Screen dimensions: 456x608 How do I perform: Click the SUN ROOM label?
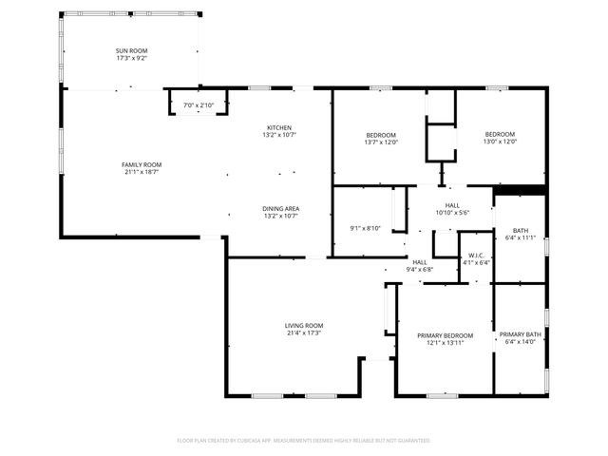tap(131, 49)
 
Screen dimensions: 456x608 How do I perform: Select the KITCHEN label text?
tap(278, 127)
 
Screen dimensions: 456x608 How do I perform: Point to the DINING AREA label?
tap(281, 208)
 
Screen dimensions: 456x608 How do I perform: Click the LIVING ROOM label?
tap(305, 325)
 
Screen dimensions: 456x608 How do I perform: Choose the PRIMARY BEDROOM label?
tap(446, 335)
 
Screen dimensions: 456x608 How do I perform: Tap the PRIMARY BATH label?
tap(521, 334)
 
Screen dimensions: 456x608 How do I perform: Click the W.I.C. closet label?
tap(476, 256)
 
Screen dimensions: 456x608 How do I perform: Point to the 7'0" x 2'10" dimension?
tap(199, 104)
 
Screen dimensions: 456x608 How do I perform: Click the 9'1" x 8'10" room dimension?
tap(365, 227)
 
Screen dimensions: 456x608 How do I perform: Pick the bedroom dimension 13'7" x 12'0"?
tap(380, 142)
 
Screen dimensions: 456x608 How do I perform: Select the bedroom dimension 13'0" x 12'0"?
tap(501, 142)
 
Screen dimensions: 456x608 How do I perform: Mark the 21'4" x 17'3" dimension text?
tap(305, 332)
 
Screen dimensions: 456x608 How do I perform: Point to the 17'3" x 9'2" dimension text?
tap(131, 58)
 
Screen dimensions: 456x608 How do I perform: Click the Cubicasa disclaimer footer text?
tap(304, 440)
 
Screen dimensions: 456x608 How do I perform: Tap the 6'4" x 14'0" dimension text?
tap(521, 342)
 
